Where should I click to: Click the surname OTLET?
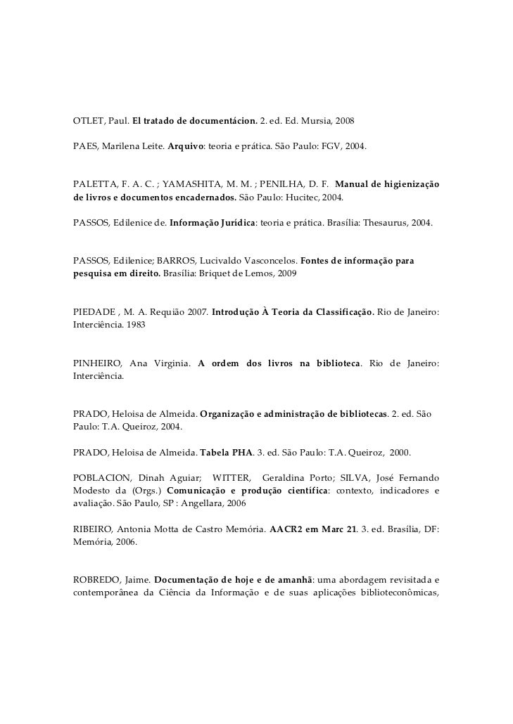(88, 122)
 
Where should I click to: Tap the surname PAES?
(85, 149)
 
